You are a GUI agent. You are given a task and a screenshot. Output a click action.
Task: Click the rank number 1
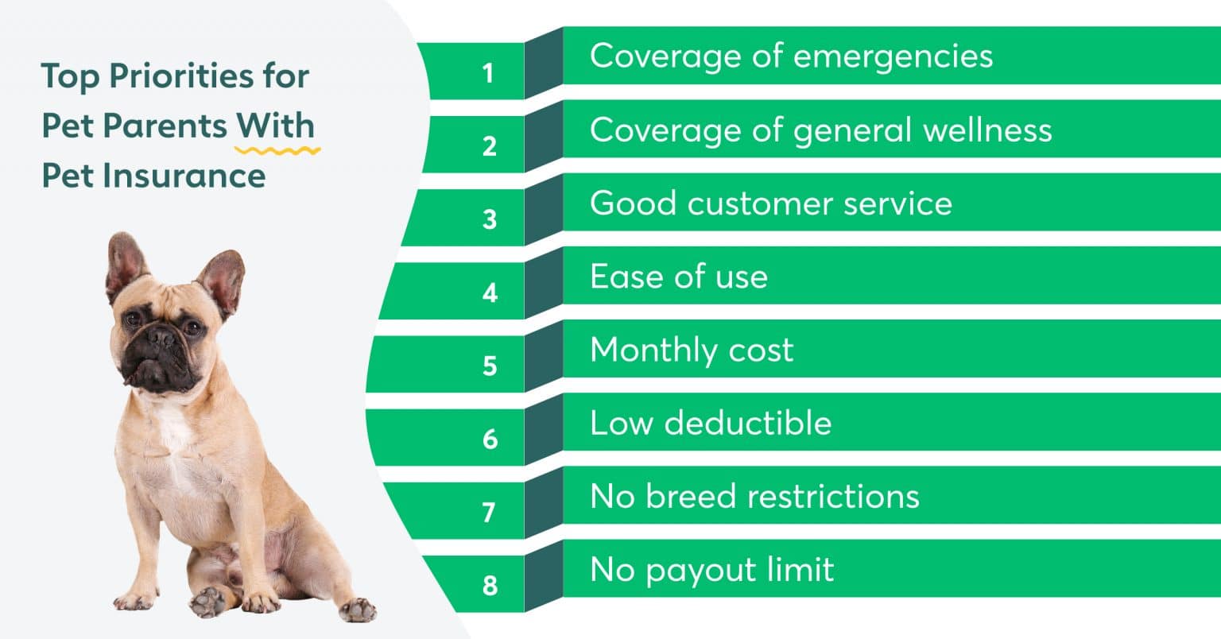point(487,74)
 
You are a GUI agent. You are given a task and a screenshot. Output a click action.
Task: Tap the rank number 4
point(489,293)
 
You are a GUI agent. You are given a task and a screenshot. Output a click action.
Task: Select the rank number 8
point(489,586)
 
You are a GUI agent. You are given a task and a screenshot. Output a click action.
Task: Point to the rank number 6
point(489,439)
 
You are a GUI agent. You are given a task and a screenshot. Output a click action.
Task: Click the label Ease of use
point(679,277)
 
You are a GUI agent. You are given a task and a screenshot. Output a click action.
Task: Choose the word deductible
point(748,423)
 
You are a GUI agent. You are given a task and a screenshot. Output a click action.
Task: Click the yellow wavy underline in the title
point(277,149)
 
